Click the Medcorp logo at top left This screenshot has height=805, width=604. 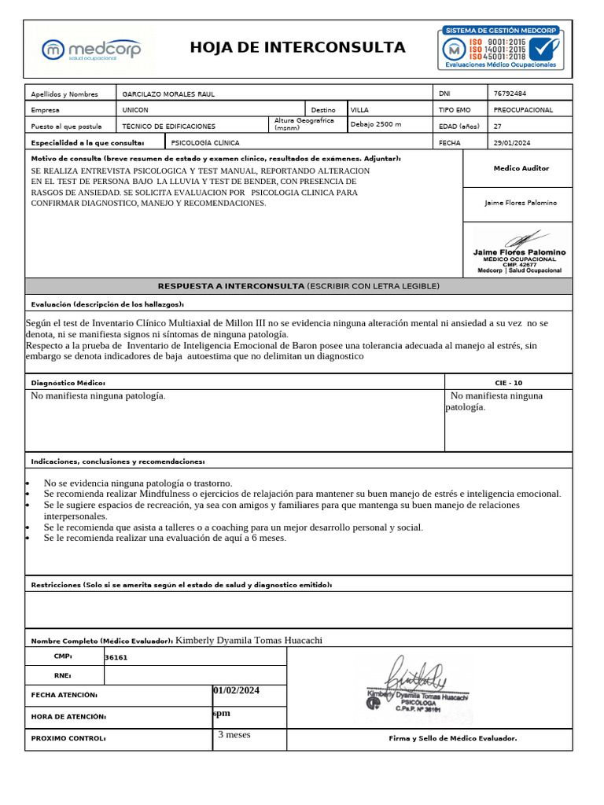point(91,49)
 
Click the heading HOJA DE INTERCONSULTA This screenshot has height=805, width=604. point(297,48)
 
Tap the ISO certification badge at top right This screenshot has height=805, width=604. point(500,48)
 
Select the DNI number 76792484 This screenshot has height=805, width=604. point(510,94)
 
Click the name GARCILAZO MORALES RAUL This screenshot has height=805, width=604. point(168,94)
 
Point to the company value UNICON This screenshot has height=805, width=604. point(135,110)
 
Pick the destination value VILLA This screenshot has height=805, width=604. point(359,110)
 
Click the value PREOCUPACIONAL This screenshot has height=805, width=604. point(523,110)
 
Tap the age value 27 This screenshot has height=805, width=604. point(497,126)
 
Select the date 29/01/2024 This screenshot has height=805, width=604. point(512,143)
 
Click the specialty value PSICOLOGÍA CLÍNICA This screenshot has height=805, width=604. point(204,143)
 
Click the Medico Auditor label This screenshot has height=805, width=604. point(521,168)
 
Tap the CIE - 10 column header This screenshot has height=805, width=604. point(508,382)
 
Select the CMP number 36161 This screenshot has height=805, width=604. point(116,657)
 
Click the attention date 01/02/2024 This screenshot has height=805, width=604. point(236,690)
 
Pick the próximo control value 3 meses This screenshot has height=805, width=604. point(234,735)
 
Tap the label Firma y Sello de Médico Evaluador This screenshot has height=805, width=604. point(453,738)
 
